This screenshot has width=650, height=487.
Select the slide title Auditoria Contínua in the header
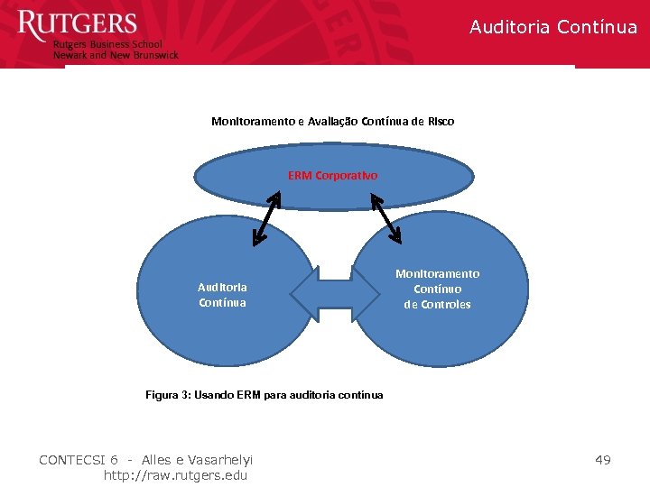552,27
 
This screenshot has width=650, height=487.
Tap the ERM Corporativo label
333,175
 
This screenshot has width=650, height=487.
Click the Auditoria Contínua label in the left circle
222,295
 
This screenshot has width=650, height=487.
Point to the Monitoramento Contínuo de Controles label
437,289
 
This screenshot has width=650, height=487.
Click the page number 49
602,460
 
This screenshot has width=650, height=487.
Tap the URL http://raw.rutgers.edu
176,475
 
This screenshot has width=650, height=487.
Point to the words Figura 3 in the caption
167,395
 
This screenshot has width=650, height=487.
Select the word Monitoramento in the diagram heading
248,121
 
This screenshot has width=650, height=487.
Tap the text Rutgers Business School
107,44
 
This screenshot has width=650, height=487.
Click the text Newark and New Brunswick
116,55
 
